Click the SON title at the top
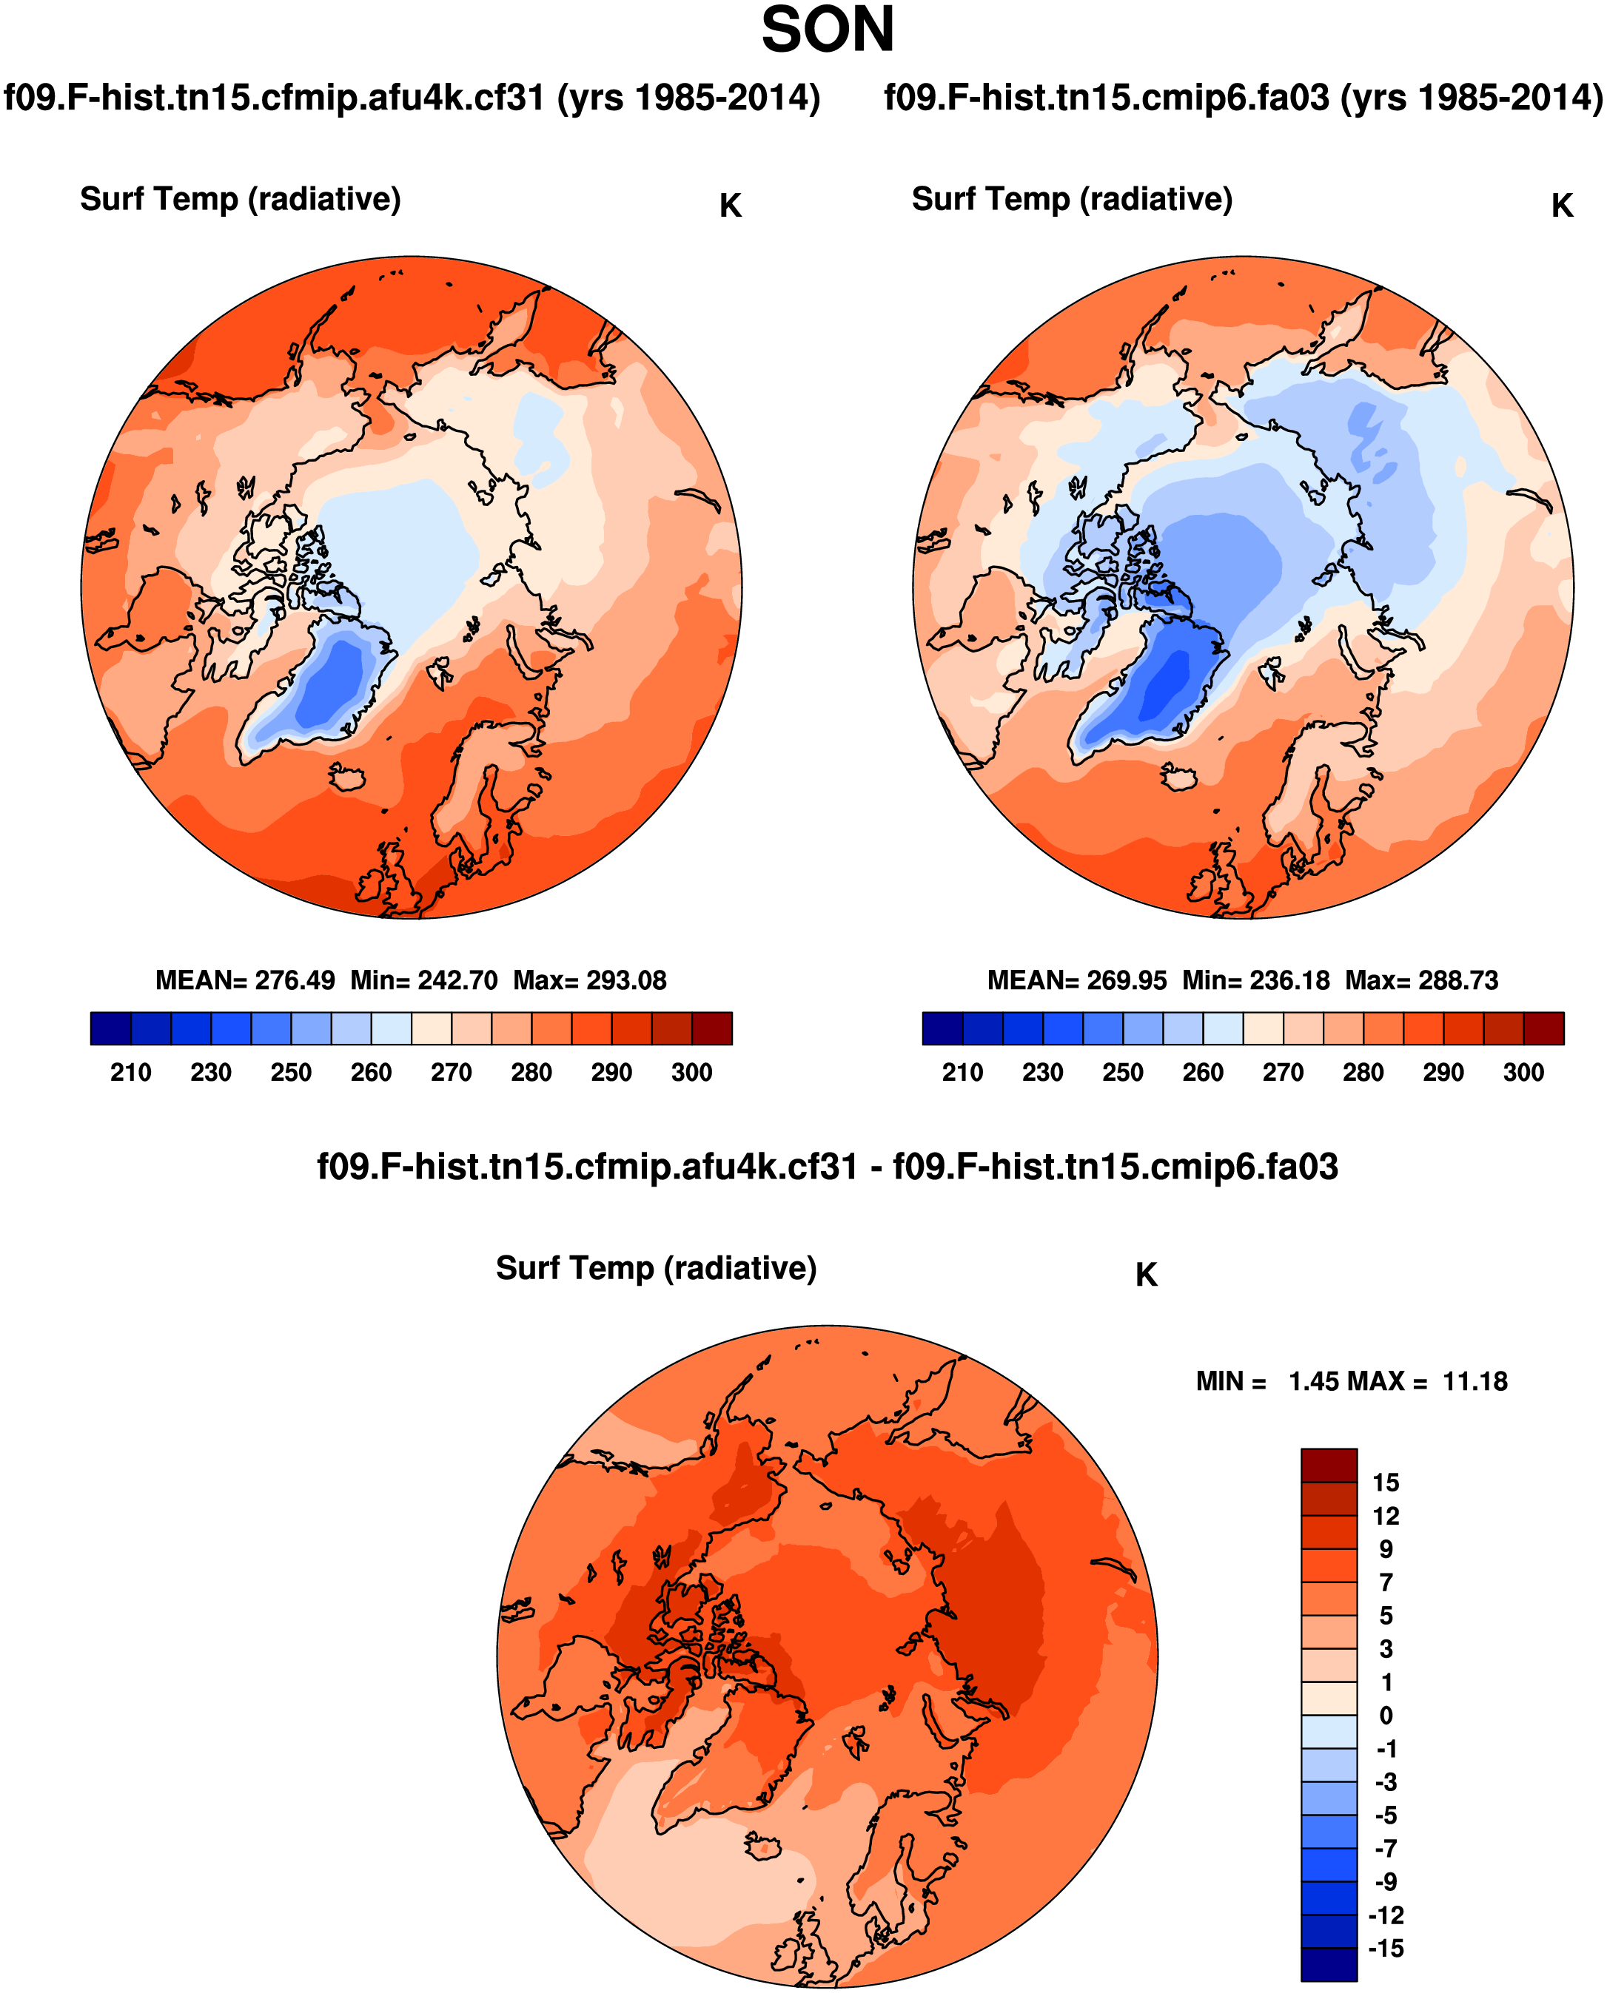(827, 30)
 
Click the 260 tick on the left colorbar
(370, 1073)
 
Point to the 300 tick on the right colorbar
(1523, 1073)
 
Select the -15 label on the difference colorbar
(1385, 1948)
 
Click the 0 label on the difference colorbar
(1385, 1716)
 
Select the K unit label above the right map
(1562, 206)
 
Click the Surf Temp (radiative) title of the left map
(240, 199)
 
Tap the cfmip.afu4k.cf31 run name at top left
(412, 97)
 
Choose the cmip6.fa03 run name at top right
(1242, 97)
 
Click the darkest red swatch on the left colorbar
(712, 1028)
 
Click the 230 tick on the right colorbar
(1042, 1073)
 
